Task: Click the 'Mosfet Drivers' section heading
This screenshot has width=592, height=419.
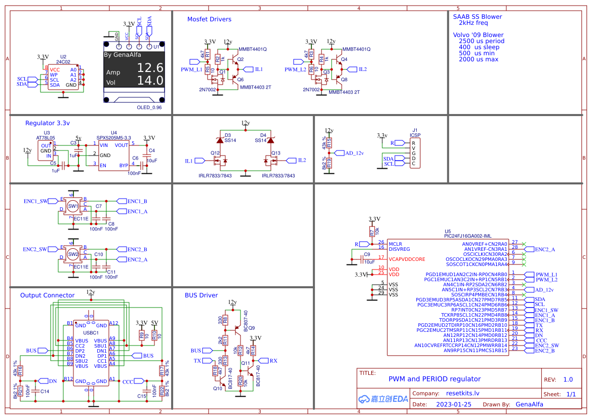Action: pyautogui.click(x=209, y=19)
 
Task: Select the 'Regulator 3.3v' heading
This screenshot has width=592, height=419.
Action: pyautogui.click(x=48, y=123)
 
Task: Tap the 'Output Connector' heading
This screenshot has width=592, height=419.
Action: pyautogui.click(x=47, y=295)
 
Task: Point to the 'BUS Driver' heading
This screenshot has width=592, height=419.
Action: pyautogui.click(x=201, y=295)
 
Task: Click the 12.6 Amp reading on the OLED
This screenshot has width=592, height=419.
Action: pyautogui.click(x=150, y=68)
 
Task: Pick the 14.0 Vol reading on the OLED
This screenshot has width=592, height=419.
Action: pyautogui.click(x=150, y=81)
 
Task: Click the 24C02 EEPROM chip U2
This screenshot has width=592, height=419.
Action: pyautogui.click(x=63, y=77)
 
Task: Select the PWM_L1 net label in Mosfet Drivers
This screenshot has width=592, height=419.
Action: pyautogui.click(x=191, y=69)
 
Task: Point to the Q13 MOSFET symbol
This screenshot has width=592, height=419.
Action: pyautogui.click(x=271, y=161)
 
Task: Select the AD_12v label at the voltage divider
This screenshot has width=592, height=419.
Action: pyautogui.click(x=354, y=153)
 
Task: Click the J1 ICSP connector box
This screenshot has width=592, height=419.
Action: pyautogui.click(x=414, y=153)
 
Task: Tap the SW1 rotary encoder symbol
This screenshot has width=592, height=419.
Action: pyautogui.click(x=73, y=206)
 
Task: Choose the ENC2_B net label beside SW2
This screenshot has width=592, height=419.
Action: pyautogui.click(x=137, y=249)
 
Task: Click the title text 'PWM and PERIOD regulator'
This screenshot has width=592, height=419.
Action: pyautogui.click(x=435, y=379)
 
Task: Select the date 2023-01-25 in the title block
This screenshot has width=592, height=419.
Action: pyautogui.click(x=453, y=404)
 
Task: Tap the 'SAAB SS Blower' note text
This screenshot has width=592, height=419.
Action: pyautogui.click(x=477, y=17)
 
